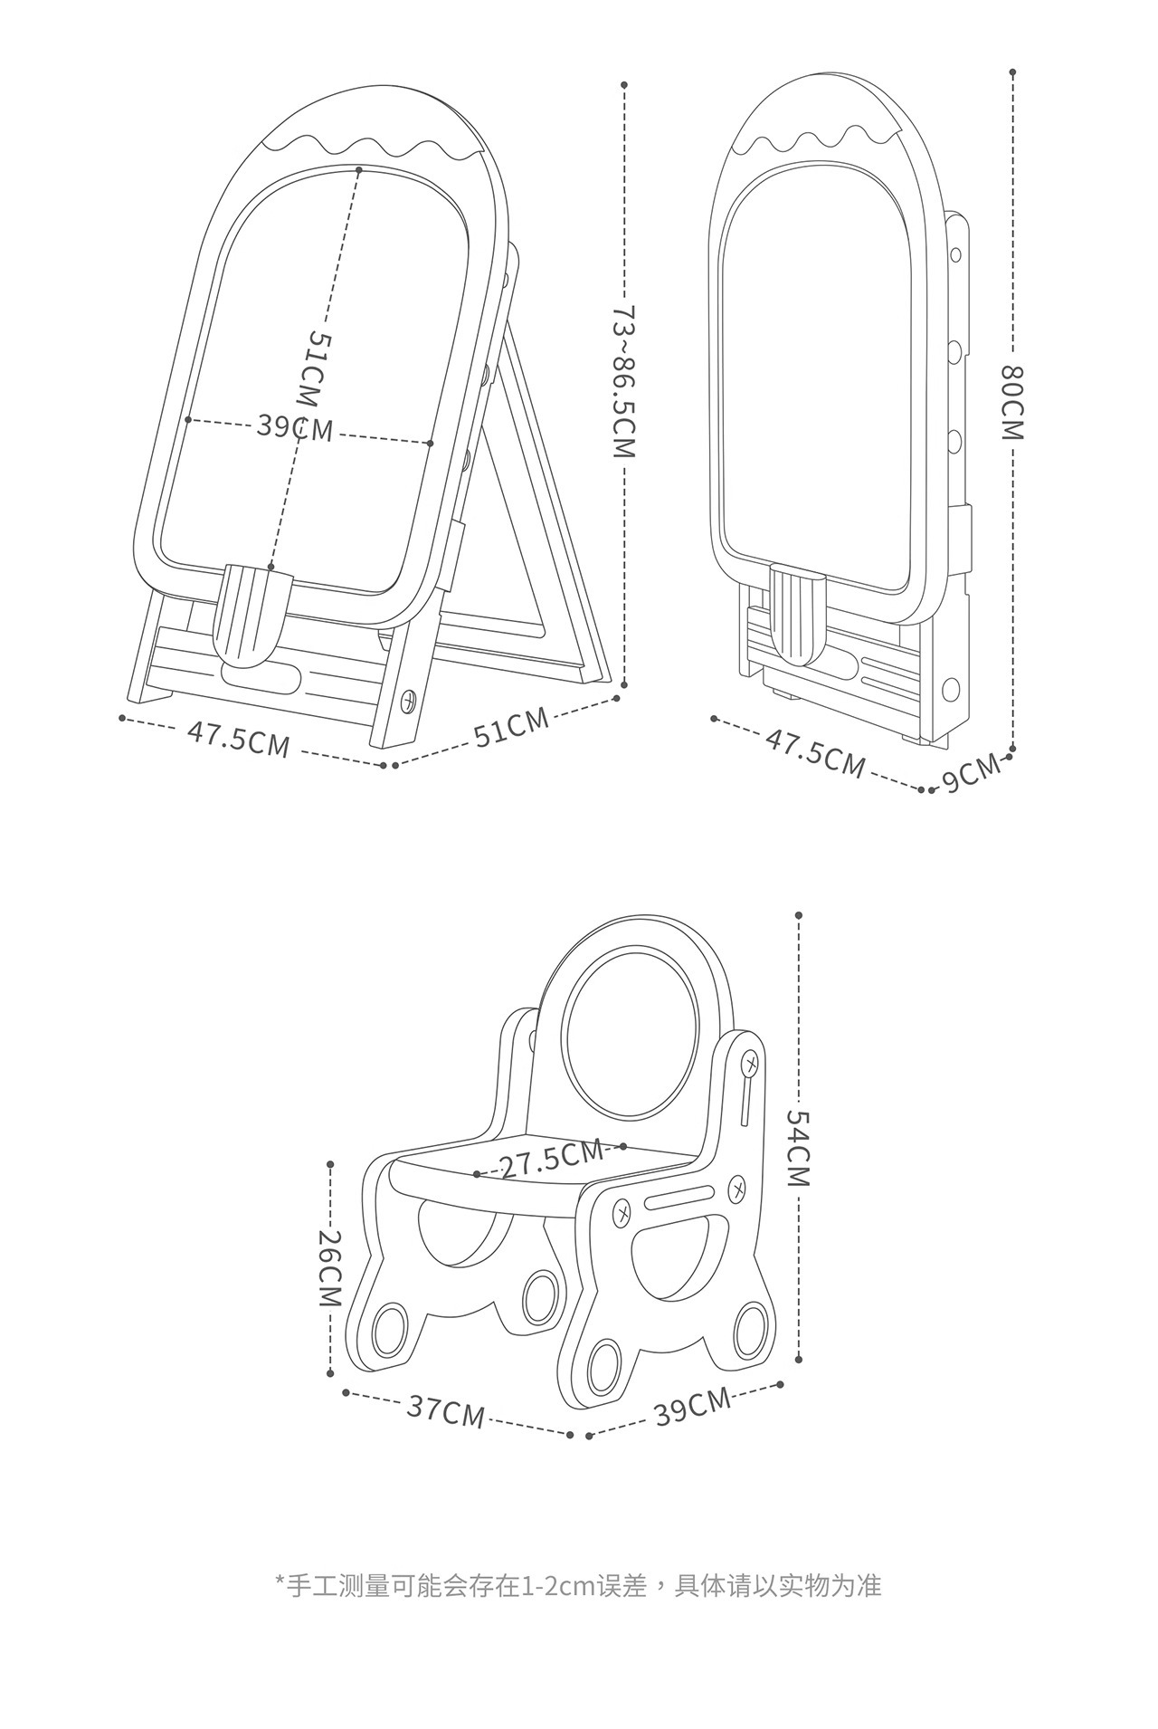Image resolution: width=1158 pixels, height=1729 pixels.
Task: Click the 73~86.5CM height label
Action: click(625, 381)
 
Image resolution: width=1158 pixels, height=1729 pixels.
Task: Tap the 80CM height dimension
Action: click(1012, 402)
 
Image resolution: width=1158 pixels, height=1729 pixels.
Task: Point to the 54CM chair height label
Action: click(798, 1148)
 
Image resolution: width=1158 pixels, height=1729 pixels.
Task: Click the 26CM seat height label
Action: click(328, 1267)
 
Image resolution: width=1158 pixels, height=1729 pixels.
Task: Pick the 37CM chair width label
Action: click(445, 1409)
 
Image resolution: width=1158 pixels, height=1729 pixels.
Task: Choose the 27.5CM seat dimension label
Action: click(551, 1159)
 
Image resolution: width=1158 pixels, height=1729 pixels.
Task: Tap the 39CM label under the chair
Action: click(692, 1406)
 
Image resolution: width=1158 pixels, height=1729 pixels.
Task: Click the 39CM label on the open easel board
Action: click(295, 426)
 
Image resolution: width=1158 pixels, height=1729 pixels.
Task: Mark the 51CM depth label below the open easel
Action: click(511, 727)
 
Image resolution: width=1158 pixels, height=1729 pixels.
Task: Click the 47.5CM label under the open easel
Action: click(239, 739)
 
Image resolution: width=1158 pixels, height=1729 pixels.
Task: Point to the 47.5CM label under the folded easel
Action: click(815, 752)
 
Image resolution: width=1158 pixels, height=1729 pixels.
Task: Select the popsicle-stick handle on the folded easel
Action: click(797, 613)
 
